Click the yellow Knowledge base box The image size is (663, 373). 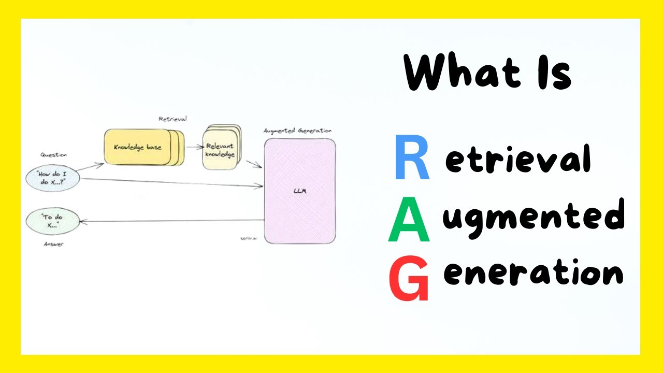point(138,147)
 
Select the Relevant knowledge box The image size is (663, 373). point(220,150)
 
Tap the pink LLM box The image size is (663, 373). point(299,191)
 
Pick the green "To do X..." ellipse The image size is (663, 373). point(53,221)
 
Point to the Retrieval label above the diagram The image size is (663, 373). point(172,119)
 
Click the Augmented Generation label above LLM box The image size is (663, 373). point(297,131)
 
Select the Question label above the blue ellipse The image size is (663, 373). point(53,155)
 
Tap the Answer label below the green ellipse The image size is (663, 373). point(53,244)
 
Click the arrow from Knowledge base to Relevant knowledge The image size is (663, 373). point(194,147)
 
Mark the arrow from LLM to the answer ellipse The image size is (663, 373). point(171,221)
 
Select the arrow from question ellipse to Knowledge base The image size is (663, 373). point(92,166)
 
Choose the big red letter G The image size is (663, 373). point(409,280)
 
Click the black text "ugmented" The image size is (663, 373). point(533,218)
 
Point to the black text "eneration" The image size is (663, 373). point(533,273)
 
